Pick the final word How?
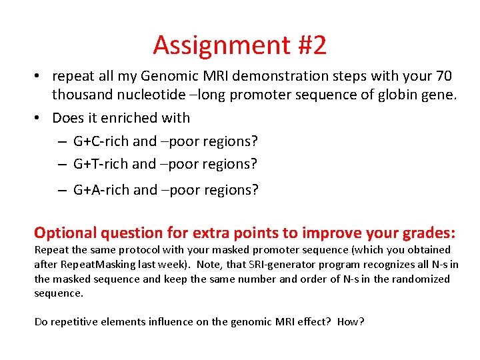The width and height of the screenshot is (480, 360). [x=351, y=321]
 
